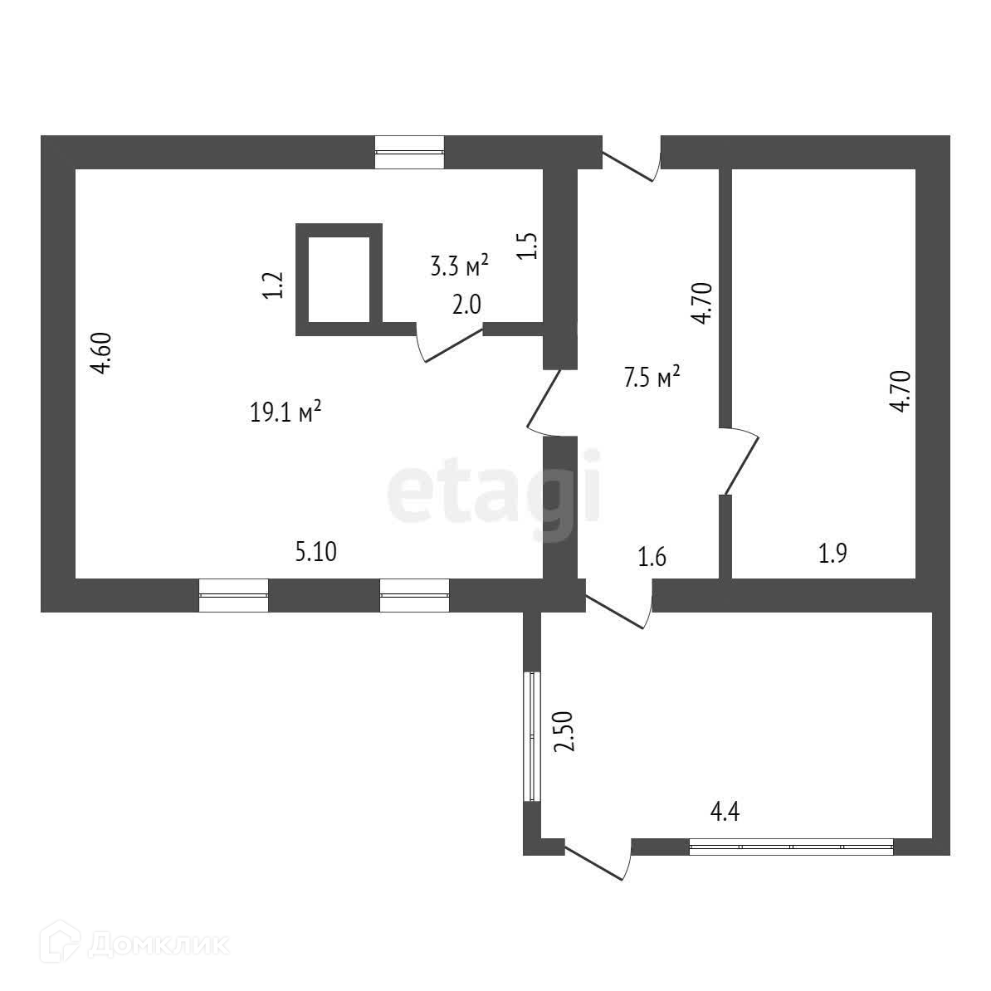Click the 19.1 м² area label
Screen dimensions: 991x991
[286, 412]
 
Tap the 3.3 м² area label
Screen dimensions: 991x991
[459, 266]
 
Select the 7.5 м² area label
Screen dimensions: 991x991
[652, 378]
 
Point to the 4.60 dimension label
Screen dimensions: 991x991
[101, 354]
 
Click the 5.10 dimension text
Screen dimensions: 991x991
[316, 551]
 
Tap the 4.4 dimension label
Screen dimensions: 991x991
[725, 811]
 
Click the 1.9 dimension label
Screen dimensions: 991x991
[832, 554]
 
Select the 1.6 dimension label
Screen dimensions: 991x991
[652, 557]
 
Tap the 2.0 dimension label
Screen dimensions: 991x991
[466, 305]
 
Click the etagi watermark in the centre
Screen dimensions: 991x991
[495, 490]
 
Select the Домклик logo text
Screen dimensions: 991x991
[158, 943]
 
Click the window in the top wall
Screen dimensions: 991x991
[409, 152]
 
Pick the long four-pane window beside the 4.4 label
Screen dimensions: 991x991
[791, 847]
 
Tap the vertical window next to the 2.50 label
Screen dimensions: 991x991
[532, 735]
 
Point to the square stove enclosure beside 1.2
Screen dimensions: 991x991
[339, 279]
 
